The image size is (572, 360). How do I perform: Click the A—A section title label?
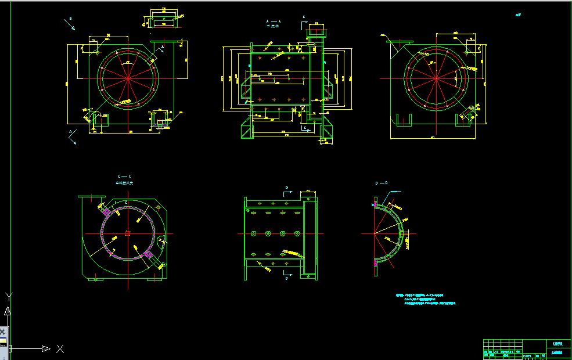coord(273,21)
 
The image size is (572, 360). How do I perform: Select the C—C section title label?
coord(124,176)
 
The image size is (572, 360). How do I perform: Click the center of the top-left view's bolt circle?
coord(128,77)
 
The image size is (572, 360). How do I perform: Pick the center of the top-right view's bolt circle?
coord(436,78)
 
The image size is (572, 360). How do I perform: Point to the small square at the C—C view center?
coord(128,233)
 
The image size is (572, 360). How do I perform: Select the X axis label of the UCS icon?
coord(60,348)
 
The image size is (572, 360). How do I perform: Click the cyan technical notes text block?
coord(426,299)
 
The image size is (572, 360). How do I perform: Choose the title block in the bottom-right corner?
coord(527,349)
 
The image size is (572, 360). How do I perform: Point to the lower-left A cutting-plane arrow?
coord(73,137)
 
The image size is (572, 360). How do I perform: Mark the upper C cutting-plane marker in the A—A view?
coord(304,19)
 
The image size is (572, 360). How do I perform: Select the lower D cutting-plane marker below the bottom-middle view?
coord(286,274)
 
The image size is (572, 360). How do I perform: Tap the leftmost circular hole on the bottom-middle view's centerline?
coord(254,233)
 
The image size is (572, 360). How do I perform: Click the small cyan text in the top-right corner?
coord(518,16)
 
